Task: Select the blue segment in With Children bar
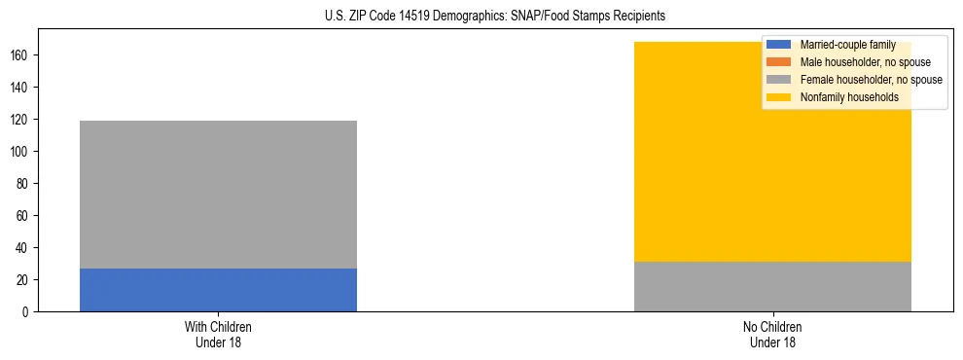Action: tap(218, 290)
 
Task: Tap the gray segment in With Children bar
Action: tap(218, 195)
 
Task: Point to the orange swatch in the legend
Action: tap(779, 62)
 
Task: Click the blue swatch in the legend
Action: tap(779, 45)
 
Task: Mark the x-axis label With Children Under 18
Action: tap(218, 334)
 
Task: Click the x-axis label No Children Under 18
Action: tap(772, 334)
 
